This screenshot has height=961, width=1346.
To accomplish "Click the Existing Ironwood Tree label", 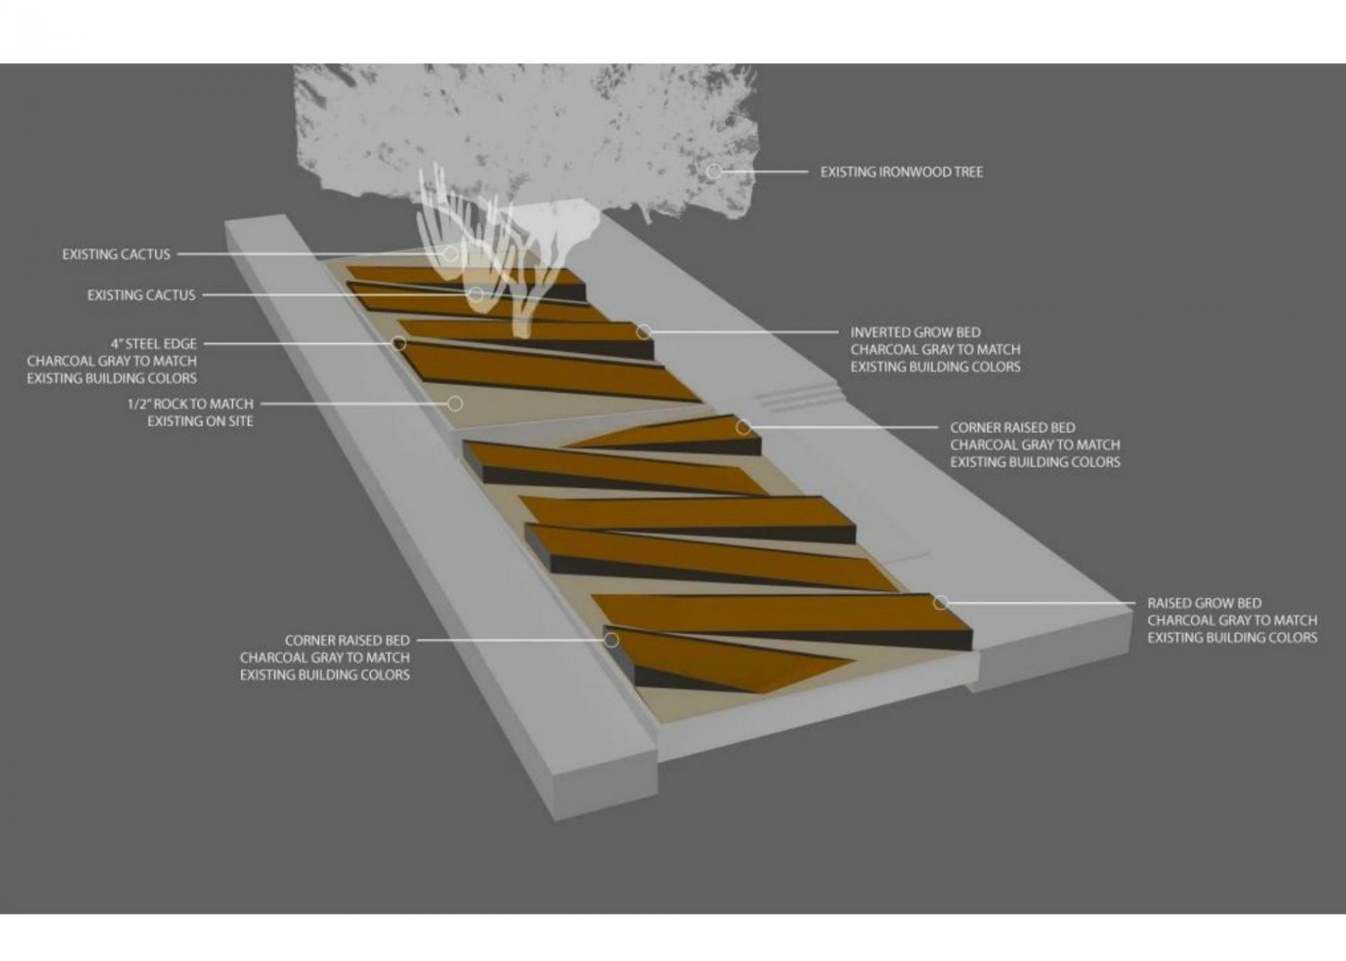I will (902, 172).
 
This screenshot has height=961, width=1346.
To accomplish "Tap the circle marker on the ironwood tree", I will (714, 171).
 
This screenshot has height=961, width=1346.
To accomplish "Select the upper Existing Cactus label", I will (116, 254).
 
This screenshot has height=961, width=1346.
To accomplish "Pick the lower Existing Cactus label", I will (141, 295).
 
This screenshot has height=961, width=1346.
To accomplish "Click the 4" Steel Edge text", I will (154, 344).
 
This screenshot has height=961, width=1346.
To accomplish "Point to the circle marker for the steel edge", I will (399, 343).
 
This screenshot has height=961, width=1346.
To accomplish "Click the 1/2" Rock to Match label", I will (190, 404).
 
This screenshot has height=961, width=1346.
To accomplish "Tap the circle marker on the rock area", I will (455, 403).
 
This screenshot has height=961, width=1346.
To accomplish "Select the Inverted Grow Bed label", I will (916, 332).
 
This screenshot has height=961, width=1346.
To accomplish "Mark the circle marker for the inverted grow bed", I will (643, 332).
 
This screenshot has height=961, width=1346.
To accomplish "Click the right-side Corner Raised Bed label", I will (1012, 428).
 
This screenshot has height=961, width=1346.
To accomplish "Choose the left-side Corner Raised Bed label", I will (347, 640).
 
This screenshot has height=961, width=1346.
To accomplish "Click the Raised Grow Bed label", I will (1204, 603).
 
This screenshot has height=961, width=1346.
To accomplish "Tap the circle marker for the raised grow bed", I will (941, 603).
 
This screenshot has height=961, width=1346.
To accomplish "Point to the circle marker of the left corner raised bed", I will (611, 640).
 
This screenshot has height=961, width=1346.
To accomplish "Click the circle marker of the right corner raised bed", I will (743, 427).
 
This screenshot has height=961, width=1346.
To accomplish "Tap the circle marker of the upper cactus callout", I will (450, 253).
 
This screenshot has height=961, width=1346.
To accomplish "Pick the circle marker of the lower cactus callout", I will (476, 295).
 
